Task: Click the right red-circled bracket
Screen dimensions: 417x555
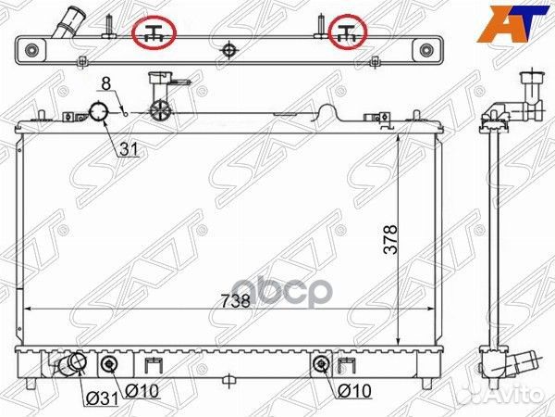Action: point(349,33)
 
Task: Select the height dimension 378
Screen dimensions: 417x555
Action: point(391,238)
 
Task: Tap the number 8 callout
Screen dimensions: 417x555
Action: point(106,83)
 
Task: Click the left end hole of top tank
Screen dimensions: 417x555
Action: point(32,48)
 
